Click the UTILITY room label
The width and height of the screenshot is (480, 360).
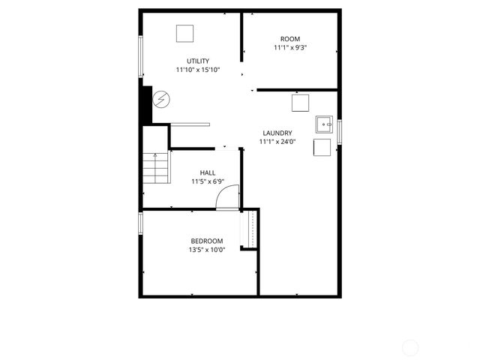(x=198, y=61)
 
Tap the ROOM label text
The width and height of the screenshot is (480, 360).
(x=290, y=39)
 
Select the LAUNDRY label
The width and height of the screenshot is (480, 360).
(x=277, y=133)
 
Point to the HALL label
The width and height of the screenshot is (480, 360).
(x=208, y=172)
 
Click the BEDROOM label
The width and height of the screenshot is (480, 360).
(x=206, y=241)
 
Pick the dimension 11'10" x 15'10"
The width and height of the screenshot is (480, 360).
(x=198, y=70)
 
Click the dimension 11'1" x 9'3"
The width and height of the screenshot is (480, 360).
(x=290, y=48)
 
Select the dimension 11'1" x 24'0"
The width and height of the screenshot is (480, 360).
(x=277, y=141)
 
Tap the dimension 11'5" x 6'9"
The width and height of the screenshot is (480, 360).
(x=208, y=181)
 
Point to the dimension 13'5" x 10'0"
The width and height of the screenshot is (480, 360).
(x=206, y=250)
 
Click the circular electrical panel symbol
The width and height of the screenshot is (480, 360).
(x=161, y=99)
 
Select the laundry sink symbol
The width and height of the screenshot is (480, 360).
(x=323, y=124)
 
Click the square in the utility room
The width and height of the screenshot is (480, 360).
(x=184, y=34)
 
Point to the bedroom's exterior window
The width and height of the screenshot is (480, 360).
(x=140, y=223)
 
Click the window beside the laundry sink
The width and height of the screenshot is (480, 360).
(x=339, y=130)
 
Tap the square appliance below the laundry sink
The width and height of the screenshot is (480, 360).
(x=322, y=147)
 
